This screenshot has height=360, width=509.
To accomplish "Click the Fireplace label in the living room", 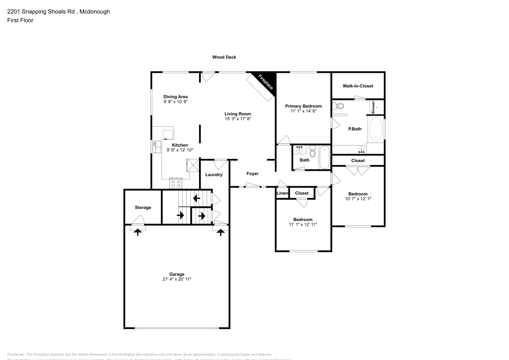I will click(266, 82).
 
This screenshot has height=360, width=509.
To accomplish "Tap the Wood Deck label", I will click(224, 58).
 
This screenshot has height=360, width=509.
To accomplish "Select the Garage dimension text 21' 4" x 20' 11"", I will click(177, 279).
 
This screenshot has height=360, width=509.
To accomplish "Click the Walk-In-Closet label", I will click(358, 87).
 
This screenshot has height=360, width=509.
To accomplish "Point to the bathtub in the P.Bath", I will click(376, 129).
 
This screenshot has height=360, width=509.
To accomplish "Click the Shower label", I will click(373, 107).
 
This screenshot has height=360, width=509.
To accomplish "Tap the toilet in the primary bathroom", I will click(338, 106).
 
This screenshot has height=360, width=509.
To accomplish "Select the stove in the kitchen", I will click(176, 183).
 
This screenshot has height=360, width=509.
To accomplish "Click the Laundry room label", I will click(214, 175).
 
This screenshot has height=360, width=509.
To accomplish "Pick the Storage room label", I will click(143, 207).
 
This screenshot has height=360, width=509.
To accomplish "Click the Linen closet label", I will click(282, 193).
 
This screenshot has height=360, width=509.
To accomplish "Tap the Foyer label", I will click(252, 174).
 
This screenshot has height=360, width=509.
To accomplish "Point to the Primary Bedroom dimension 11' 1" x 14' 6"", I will click(303, 111).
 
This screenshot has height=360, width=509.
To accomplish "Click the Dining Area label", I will click(176, 97).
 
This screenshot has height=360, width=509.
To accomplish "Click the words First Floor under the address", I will click(20, 20).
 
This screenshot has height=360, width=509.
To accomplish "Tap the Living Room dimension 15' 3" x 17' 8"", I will click(238, 119).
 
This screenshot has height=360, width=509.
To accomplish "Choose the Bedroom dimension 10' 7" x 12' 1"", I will click(358, 199).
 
